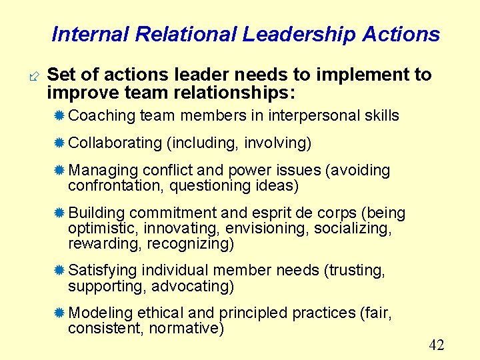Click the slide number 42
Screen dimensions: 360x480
tap(437, 345)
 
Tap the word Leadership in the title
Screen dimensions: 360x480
tap(300, 35)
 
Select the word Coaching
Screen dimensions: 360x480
tap(102, 115)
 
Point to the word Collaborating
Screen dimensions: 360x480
tap(115, 143)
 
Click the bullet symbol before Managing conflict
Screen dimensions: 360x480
tap(59, 171)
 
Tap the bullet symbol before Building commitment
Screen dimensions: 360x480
tap(59, 213)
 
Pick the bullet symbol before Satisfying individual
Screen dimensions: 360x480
tap(59, 271)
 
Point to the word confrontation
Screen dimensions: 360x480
tap(115, 186)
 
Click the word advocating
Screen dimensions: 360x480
tap(193, 286)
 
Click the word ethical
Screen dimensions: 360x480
tap(161, 313)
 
